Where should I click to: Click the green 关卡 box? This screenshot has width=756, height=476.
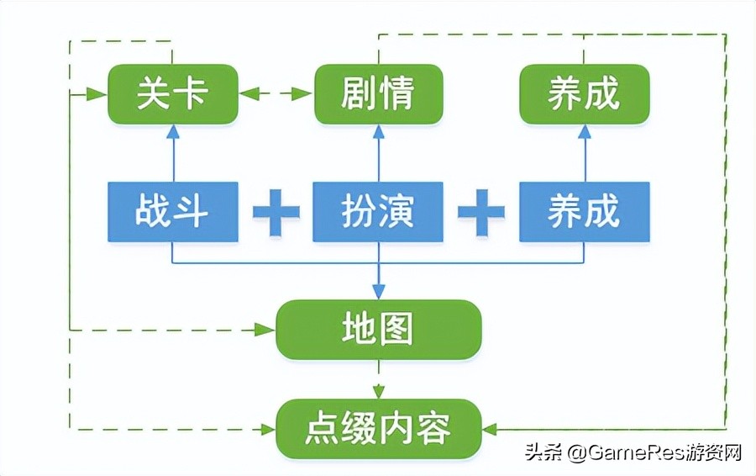pos(172,94)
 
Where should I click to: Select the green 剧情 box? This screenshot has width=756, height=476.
pos(378,94)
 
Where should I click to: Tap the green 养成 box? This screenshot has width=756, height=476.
pos(584,94)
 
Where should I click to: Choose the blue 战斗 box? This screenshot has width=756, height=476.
pos(172,210)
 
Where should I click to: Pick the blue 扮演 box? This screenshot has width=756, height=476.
pos(378,210)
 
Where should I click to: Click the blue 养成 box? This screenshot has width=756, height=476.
pos(584,210)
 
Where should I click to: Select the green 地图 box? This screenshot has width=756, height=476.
pos(378,329)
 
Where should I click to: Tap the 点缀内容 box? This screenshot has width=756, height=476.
pos(378,428)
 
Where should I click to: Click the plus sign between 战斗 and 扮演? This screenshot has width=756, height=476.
pos(276,211)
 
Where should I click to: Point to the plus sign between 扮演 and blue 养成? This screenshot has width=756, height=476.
pos(481,211)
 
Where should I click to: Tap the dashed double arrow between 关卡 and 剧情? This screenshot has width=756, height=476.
pos(276,94)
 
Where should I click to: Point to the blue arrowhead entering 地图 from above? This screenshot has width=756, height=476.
pos(378,291)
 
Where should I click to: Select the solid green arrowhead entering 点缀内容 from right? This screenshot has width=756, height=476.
pos(492,429)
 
